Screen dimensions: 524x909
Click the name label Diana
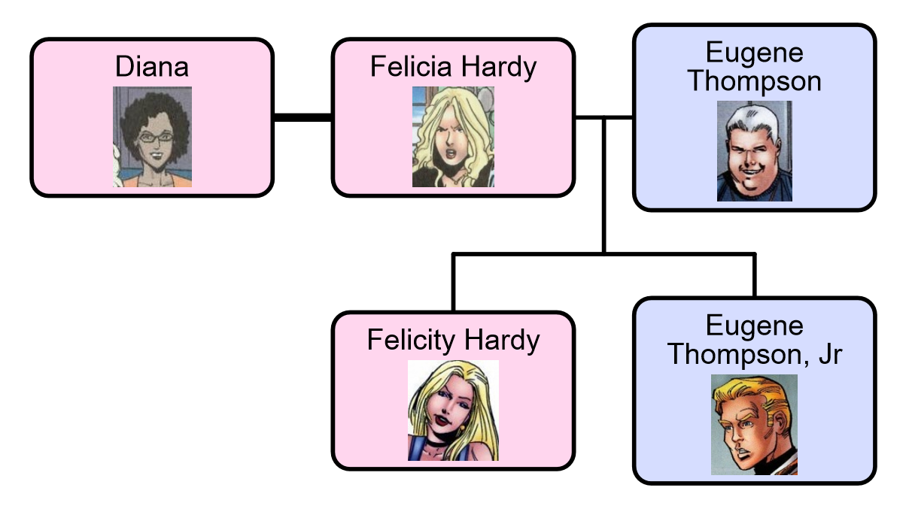pos(152,67)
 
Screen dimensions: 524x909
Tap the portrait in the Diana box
pos(152,137)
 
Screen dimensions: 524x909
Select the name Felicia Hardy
pos(453,67)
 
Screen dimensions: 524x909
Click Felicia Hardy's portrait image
pos(453,137)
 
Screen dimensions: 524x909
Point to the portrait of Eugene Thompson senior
pos(754,151)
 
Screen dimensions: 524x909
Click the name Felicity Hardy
pos(453,341)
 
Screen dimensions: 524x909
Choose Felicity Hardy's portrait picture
pos(453,410)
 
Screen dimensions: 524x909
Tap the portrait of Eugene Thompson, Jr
pos(754,425)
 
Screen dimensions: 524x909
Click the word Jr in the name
pos(829,354)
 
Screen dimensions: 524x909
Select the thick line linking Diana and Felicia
pos(302,117)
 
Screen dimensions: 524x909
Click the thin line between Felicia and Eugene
pos(617,117)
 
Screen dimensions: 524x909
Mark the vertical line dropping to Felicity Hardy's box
pos(453,283)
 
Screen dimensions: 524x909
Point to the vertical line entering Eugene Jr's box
pos(754,275)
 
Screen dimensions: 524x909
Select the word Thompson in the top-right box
pos(754,80)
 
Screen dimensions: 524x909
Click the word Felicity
pos(412,341)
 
